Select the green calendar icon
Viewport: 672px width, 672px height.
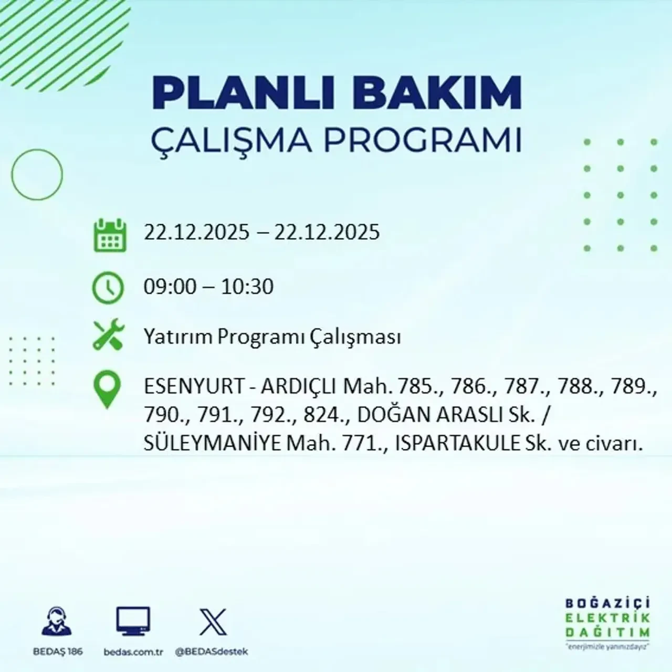(110, 235)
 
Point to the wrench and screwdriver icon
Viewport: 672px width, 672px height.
(108, 335)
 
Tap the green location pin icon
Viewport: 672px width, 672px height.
(107, 390)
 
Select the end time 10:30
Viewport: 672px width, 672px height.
(247, 287)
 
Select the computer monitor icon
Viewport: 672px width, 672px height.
(133, 622)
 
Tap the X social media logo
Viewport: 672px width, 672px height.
(213, 622)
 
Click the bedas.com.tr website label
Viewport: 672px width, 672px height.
(133, 652)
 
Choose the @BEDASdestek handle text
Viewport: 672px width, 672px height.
(212, 652)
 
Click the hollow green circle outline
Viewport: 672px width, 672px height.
(37, 174)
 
